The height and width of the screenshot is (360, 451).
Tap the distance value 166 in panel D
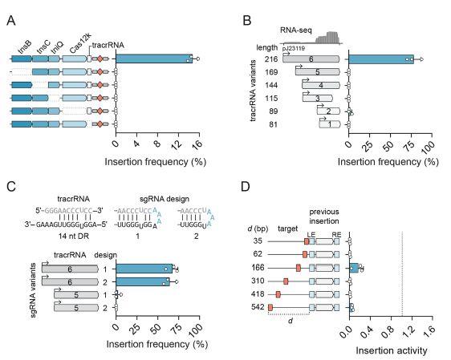pos(258,267)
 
